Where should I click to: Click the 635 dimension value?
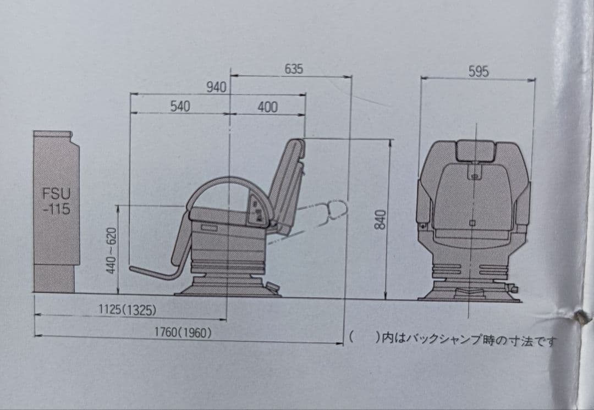(294, 69)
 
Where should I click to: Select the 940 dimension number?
(216, 87)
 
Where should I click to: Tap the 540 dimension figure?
(179, 107)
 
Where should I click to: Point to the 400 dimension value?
(267, 107)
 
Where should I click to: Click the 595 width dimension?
(479, 71)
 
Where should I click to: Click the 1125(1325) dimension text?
(127, 310)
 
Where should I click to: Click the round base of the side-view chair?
(228, 287)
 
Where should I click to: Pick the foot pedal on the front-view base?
(513, 287)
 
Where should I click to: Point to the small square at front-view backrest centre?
(472, 223)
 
